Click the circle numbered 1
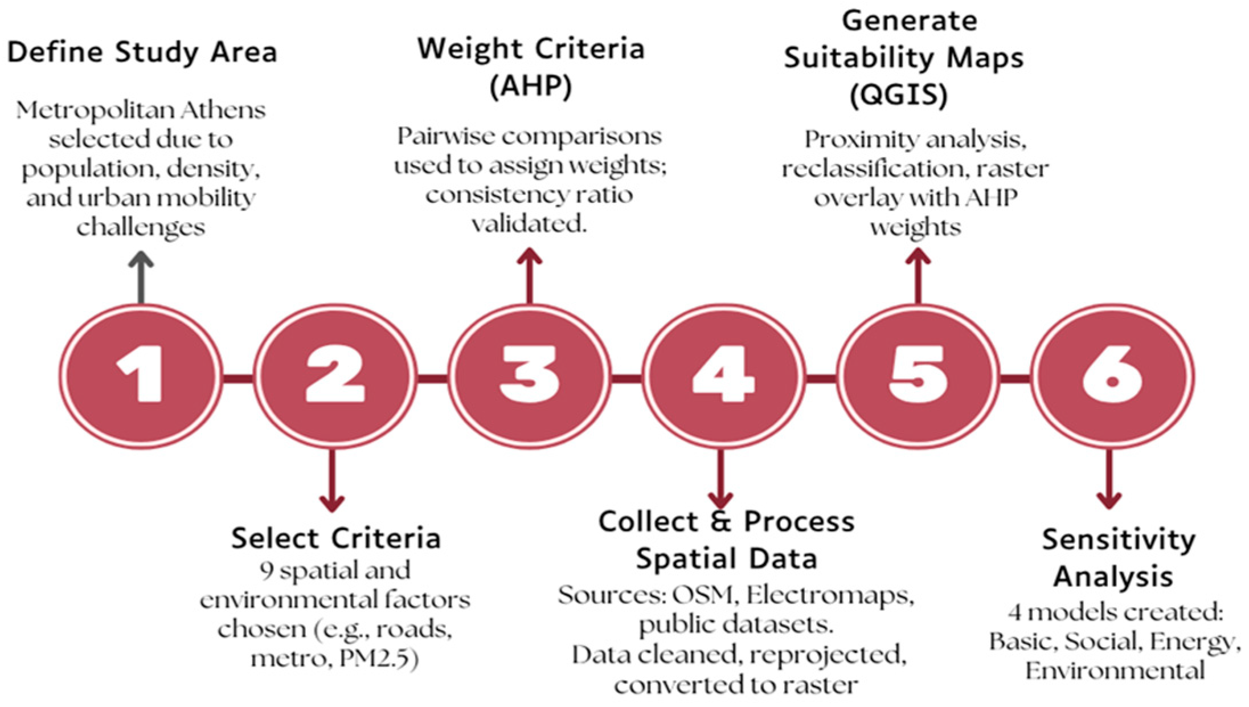140,377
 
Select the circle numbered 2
334,377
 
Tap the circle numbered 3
529,377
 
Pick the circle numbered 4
723,377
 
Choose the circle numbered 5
916,377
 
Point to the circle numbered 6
1111,377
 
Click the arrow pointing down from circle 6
1109,479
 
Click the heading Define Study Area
142,52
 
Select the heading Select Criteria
336,538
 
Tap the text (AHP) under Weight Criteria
531,87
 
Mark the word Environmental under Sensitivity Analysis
1115,671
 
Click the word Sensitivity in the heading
1119,540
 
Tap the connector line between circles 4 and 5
820,378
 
